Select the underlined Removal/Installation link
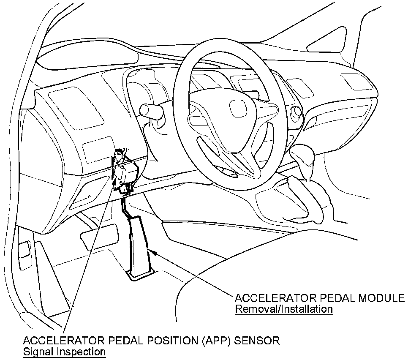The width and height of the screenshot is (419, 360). tap(283, 309)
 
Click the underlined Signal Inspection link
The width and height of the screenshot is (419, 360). tap(64, 351)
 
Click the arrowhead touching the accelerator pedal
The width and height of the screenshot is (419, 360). tap(154, 252)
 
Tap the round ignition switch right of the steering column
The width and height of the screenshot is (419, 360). tap(296, 112)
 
